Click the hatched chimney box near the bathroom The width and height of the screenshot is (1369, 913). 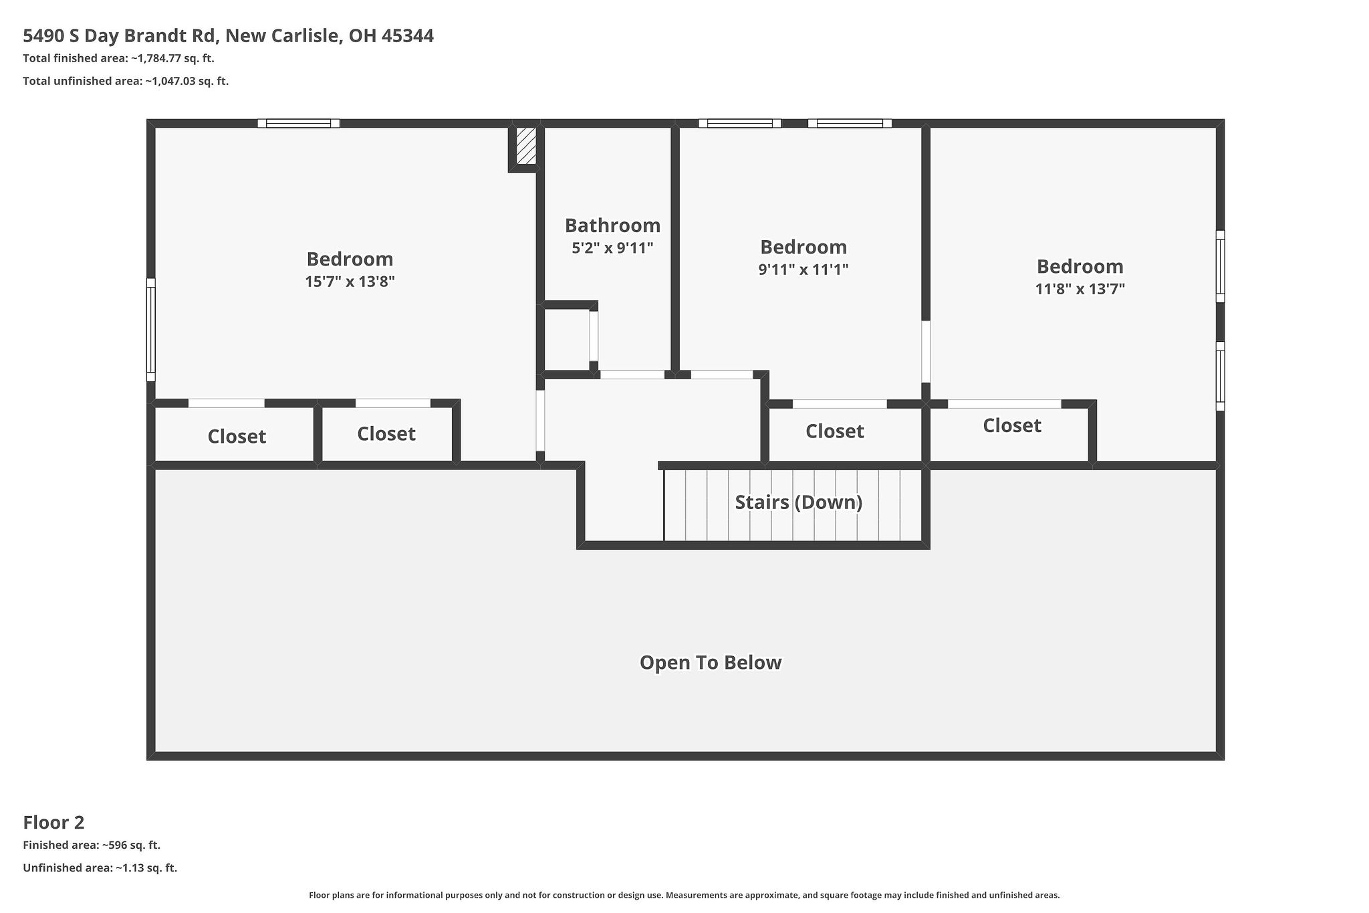click(526, 146)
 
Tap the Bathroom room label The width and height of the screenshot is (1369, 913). click(612, 225)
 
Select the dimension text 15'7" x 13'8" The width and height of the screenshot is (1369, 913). click(350, 282)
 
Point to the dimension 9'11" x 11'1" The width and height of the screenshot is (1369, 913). click(803, 270)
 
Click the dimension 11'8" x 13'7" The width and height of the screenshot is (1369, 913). click(1080, 289)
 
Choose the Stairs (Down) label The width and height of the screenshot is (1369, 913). click(798, 502)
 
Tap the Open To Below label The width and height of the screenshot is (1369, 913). click(711, 662)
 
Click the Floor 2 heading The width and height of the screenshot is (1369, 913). click(53, 822)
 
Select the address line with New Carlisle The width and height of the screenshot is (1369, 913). click(228, 35)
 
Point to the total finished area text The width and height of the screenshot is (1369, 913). click(118, 58)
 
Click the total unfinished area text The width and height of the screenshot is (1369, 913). click(126, 81)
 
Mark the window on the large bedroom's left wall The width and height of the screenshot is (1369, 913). click(151, 330)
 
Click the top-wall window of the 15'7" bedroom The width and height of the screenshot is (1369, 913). click(299, 123)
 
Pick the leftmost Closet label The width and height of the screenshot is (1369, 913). click(237, 436)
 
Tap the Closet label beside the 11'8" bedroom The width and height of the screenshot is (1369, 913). click(1011, 425)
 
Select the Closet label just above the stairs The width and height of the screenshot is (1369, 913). click(834, 431)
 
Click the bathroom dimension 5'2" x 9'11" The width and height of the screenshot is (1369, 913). click(612, 248)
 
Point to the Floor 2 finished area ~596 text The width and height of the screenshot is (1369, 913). click(92, 845)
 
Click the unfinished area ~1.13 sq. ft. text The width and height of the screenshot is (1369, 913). click(100, 868)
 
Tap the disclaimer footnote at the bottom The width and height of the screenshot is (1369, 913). click(684, 895)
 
